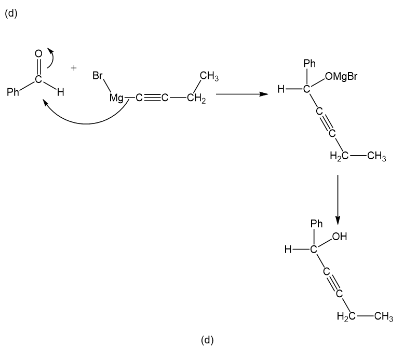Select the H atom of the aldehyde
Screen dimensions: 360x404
pos(60,93)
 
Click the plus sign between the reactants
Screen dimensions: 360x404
pos(75,68)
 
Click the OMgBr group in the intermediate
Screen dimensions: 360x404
pos(342,77)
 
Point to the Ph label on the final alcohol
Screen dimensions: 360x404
pos(316,224)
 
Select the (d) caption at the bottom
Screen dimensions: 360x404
pos(207,340)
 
